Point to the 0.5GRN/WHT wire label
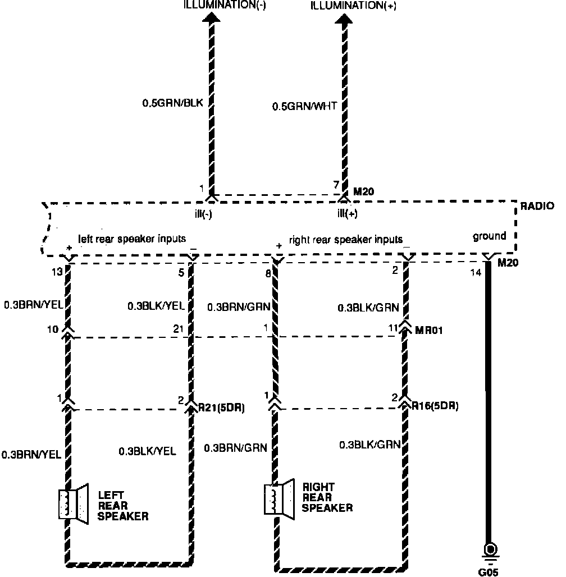(304, 106)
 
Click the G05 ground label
(488, 573)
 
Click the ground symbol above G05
(491, 550)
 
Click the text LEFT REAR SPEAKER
(123, 506)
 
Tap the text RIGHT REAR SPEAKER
(327, 497)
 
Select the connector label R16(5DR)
(435, 406)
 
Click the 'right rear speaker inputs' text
(346, 240)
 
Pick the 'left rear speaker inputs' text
(132, 239)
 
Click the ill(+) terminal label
(347, 214)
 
